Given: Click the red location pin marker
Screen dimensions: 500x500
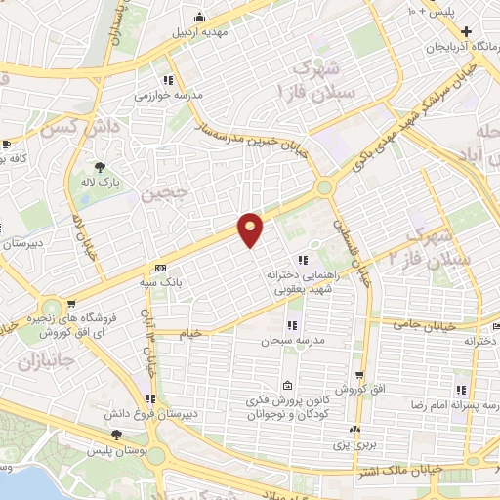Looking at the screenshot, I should [251, 229].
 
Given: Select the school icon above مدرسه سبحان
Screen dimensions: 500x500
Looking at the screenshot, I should [291, 326].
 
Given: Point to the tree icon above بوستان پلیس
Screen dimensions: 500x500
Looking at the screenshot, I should [117, 434].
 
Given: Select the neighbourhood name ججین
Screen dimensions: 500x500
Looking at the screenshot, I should [162, 192].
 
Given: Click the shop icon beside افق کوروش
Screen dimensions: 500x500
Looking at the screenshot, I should [360, 375].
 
